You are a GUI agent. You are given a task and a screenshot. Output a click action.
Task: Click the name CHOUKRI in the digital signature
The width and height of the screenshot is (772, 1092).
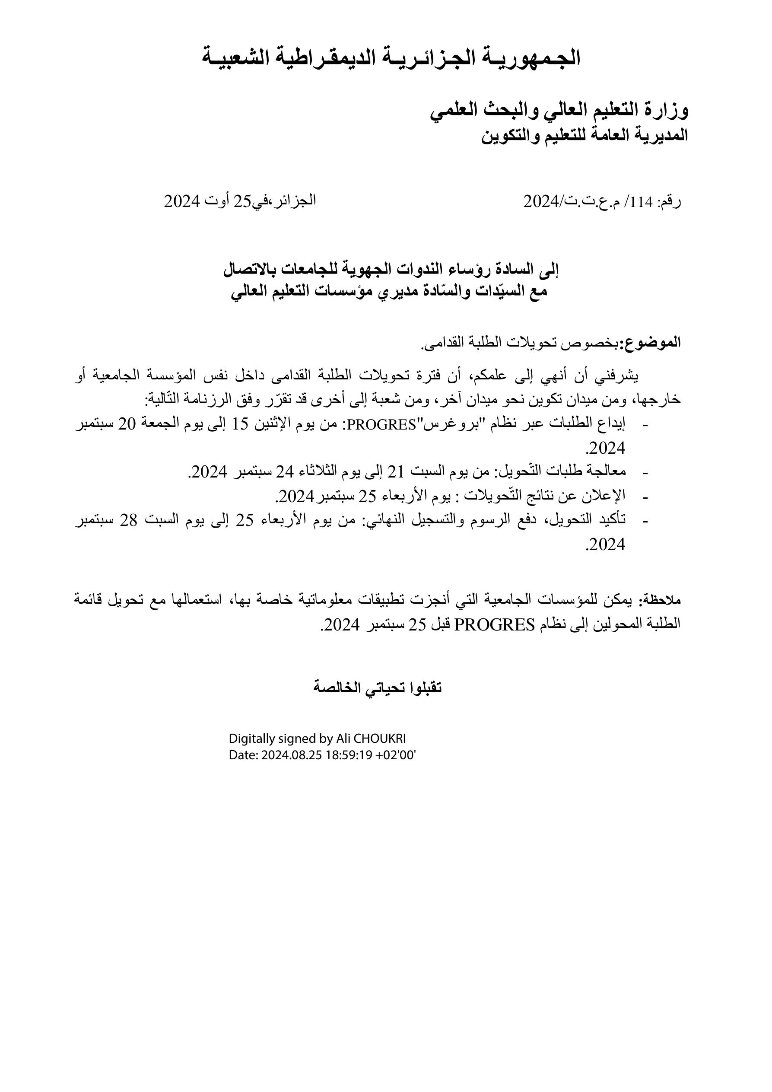380,739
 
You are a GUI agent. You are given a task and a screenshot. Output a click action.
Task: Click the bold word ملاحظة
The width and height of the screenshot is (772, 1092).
662,600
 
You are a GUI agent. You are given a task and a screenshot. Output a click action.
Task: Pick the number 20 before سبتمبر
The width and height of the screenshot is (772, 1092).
127,424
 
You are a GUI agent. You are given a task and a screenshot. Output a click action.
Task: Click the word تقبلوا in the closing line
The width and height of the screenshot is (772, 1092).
423,688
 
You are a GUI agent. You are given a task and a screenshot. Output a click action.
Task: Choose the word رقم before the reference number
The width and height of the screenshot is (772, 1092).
670,202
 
